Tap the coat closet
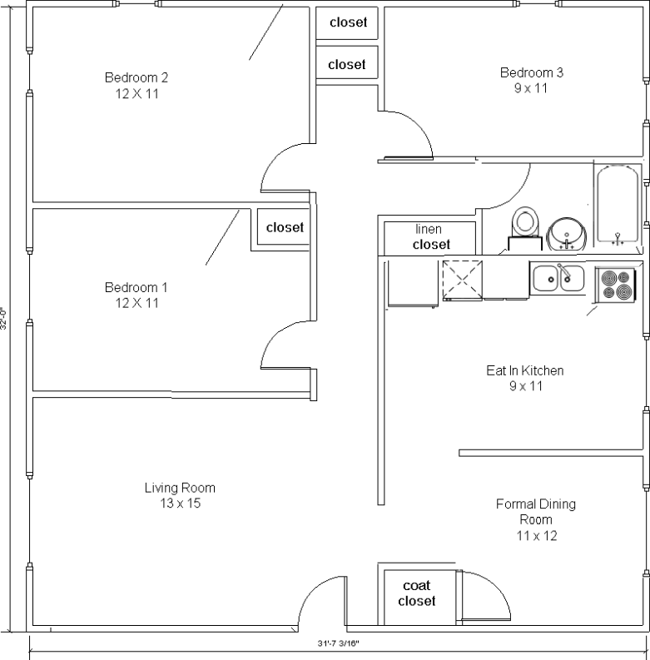click(417, 597)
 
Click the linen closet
click(429, 238)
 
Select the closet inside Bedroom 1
click(283, 227)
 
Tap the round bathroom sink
click(567, 234)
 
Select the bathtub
click(618, 205)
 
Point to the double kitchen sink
click(558, 278)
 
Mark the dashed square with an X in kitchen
click(462, 280)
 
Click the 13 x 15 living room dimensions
click(180, 503)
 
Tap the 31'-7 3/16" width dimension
click(339, 643)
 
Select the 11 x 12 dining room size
click(537, 536)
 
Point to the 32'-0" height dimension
click(3, 319)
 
